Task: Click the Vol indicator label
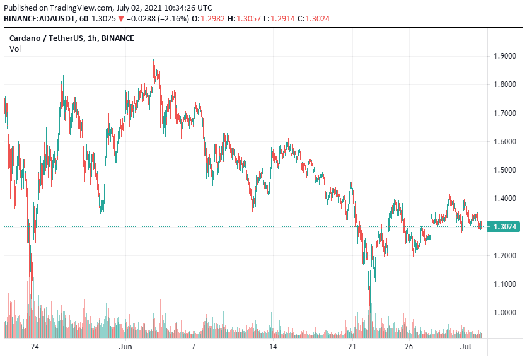tap(14, 49)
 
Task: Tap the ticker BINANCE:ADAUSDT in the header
tap(39, 19)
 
